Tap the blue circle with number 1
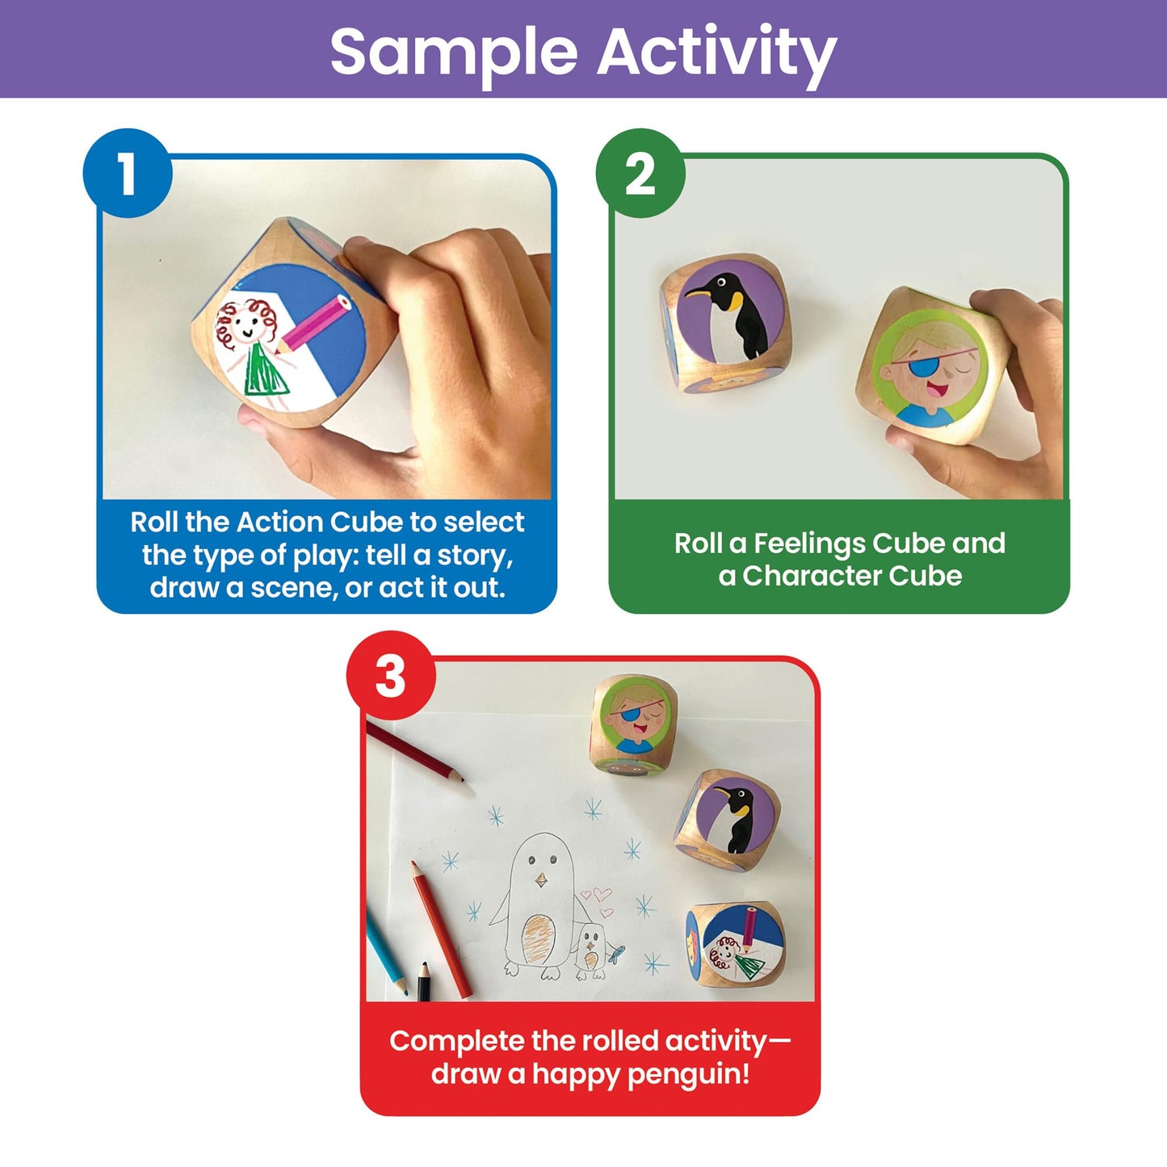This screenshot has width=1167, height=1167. [x=128, y=173]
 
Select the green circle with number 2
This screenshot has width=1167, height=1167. [x=640, y=173]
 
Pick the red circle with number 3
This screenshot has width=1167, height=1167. [x=391, y=676]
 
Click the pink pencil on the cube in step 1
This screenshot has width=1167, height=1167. [x=313, y=323]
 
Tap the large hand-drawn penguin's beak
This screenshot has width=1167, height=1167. [x=541, y=879]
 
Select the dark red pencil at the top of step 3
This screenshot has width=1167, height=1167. [x=415, y=752]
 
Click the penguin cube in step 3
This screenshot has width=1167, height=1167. [x=727, y=820]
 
